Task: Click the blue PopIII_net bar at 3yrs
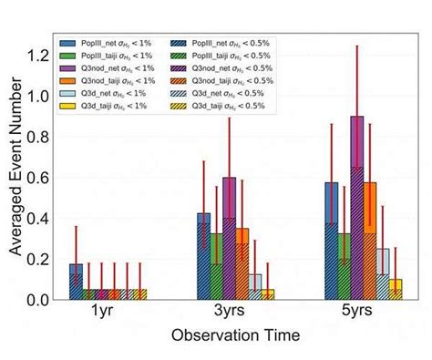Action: tap(204, 256)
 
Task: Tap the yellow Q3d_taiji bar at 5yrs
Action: tap(396, 289)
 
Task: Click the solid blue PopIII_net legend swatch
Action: tap(68, 43)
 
